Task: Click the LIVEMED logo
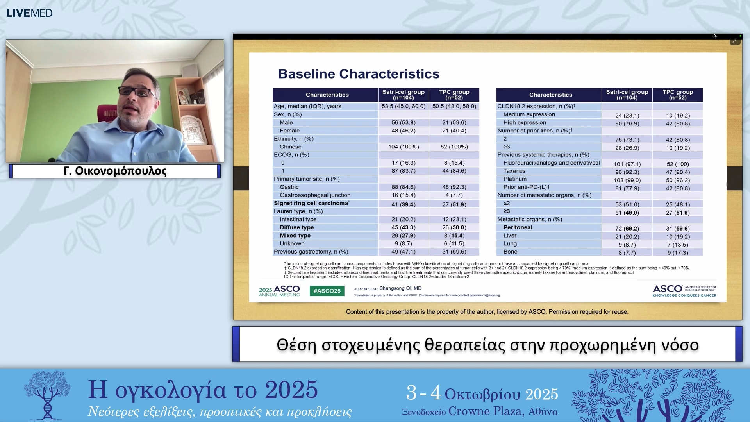[x=29, y=13]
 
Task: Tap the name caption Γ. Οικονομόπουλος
[x=115, y=171]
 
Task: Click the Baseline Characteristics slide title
[x=358, y=74]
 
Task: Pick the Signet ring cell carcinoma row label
[x=311, y=203]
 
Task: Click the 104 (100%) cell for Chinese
[x=403, y=147]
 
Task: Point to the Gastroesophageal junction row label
[x=315, y=195]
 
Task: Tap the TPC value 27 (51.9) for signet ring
[x=454, y=204]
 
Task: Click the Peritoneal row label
[x=518, y=227]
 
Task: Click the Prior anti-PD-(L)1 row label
[x=526, y=187]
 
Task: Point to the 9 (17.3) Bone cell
[x=677, y=253]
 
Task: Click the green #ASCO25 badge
[x=327, y=291]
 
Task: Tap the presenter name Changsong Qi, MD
[x=400, y=288]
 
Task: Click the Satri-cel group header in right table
[x=627, y=95]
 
